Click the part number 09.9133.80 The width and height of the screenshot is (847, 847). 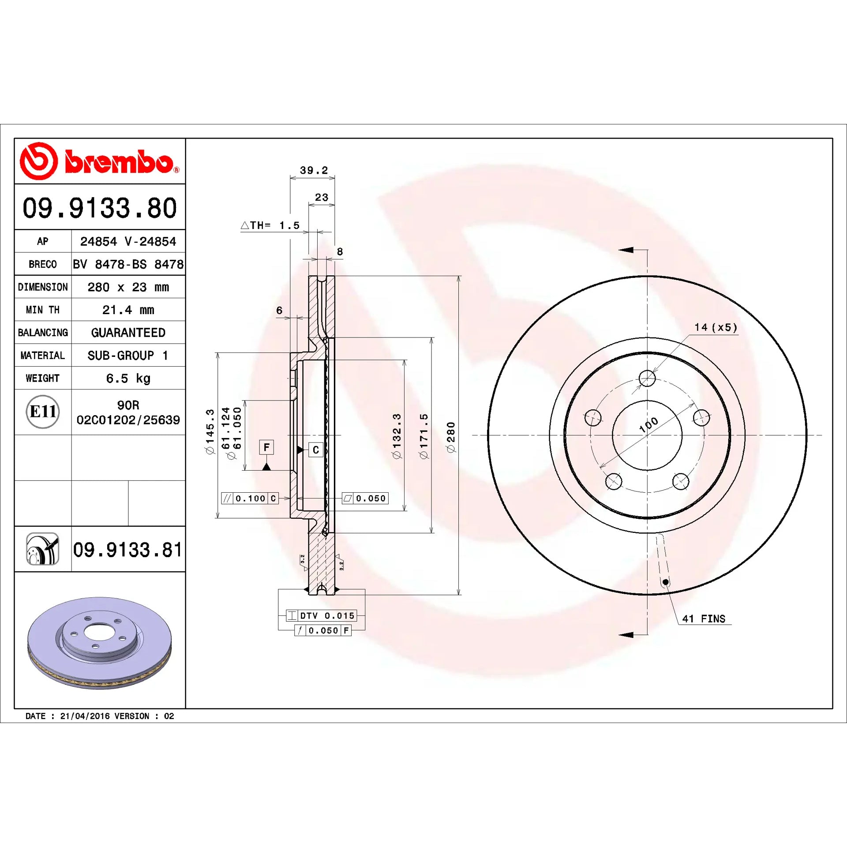(x=100, y=208)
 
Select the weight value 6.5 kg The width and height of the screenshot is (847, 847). (x=128, y=379)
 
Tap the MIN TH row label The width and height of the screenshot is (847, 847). (x=43, y=310)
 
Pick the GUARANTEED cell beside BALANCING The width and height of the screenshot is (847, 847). (x=128, y=333)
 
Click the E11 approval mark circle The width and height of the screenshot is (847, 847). (x=43, y=412)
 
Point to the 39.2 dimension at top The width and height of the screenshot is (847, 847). (x=314, y=170)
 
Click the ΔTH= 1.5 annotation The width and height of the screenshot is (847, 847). (x=270, y=225)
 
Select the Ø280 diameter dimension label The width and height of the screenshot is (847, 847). (x=450, y=437)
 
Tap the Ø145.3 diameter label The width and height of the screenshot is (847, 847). (x=210, y=431)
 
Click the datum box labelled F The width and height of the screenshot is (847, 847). (x=266, y=447)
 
